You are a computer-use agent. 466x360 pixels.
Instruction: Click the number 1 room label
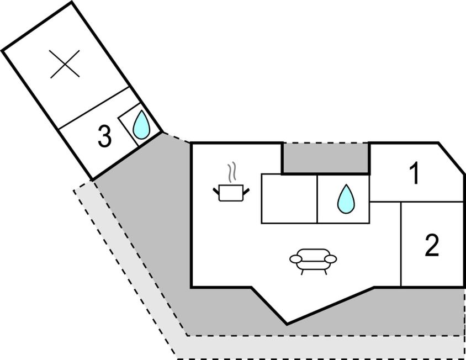(x=415, y=174)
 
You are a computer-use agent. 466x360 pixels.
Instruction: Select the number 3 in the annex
(x=104, y=136)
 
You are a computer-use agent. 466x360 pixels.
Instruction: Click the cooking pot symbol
(x=231, y=192)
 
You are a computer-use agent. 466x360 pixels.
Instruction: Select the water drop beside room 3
(x=142, y=125)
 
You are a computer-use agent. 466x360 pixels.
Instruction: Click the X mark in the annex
(x=65, y=63)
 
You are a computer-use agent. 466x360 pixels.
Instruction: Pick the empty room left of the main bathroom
(x=289, y=199)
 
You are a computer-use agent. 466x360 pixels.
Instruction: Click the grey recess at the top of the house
(x=326, y=158)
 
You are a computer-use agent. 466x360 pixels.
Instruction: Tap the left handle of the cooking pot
(x=216, y=191)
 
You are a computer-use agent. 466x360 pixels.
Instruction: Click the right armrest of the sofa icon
(x=330, y=258)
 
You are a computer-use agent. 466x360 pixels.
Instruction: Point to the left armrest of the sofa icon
(x=296, y=258)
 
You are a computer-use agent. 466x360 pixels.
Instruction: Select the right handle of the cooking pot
(x=246, y=191)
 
